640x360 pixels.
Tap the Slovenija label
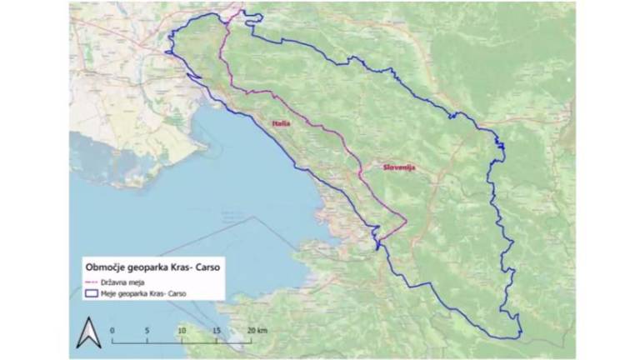(x=398, y=167)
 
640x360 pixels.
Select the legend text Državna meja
(x=120, y=282)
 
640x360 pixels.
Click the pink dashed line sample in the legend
(x=91, y=282)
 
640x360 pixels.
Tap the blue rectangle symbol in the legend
(x=91, y=293)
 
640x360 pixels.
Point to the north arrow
(x=88, y=333)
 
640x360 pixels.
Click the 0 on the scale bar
(x=112, y=330)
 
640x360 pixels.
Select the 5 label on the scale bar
(x=147, y=330)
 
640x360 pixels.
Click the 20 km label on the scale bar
(x=256, y=330)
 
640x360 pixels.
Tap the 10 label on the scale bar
(x=182, y=330)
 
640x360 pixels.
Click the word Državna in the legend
(x=112, y=282)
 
